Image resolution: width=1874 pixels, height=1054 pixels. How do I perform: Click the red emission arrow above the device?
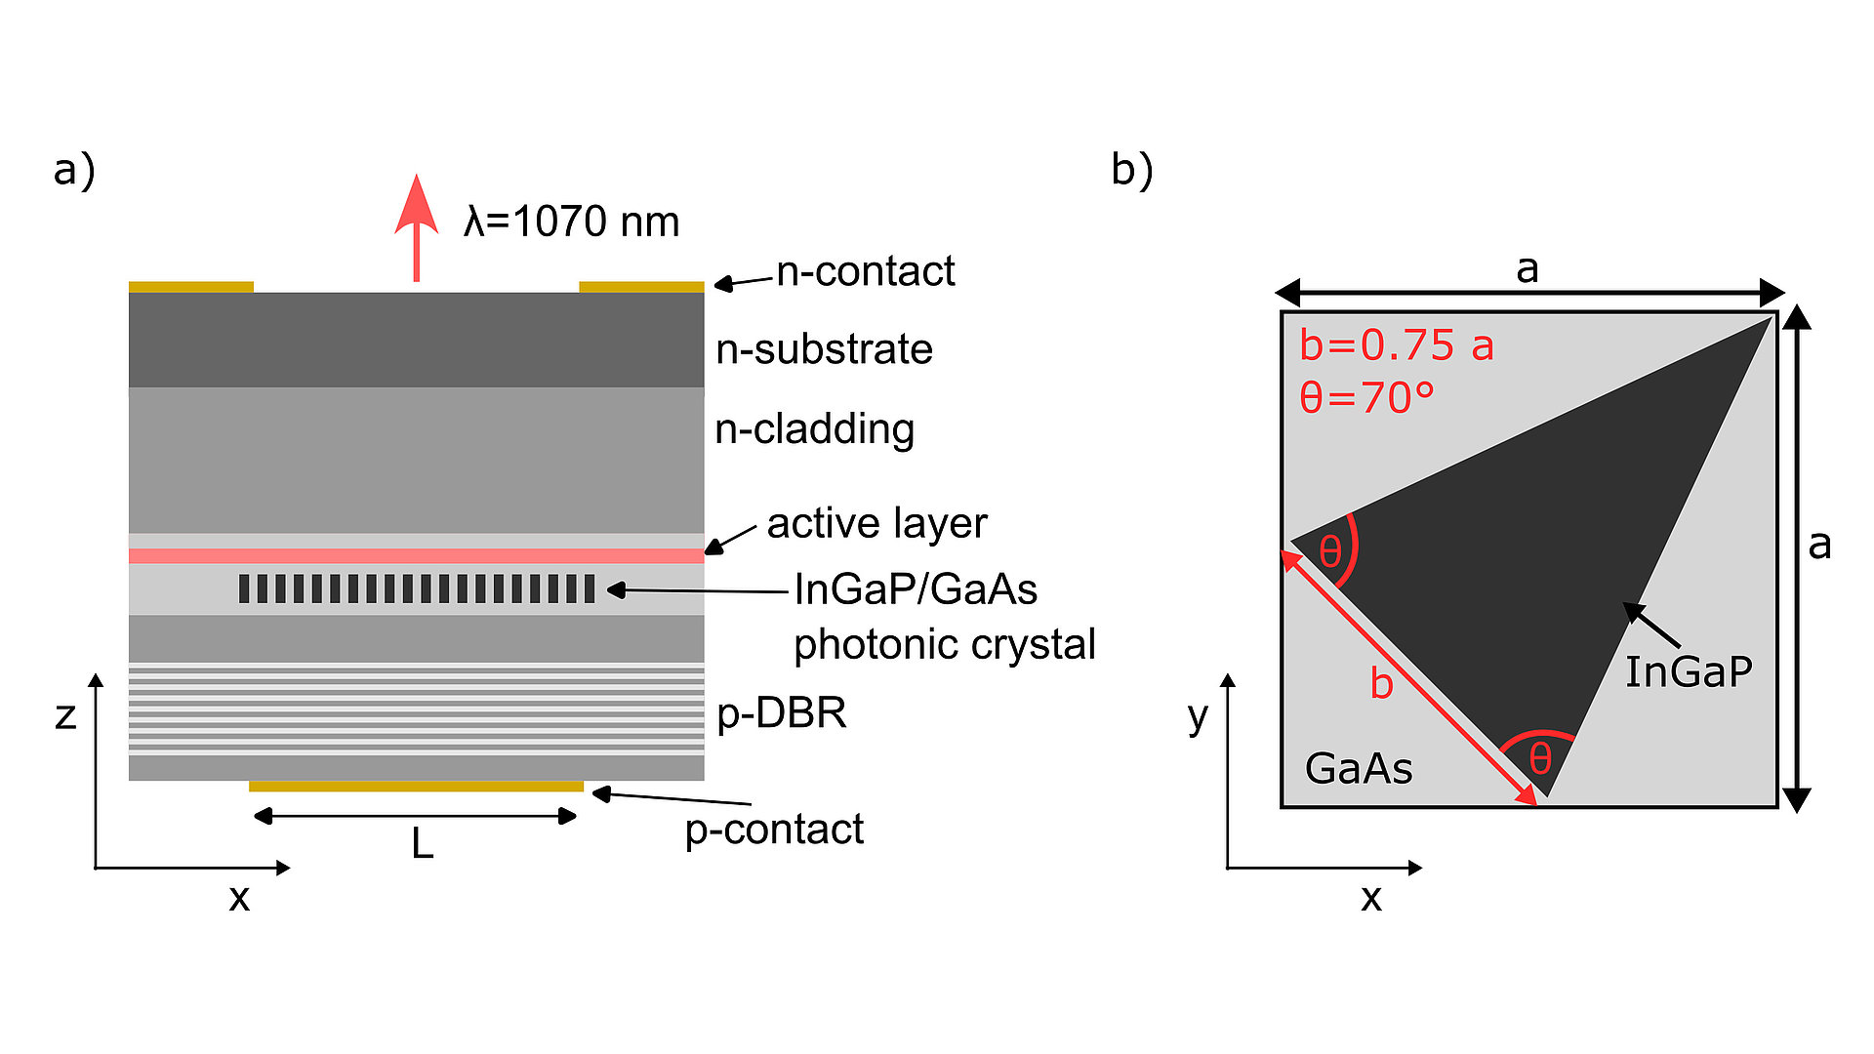tap(416, 229)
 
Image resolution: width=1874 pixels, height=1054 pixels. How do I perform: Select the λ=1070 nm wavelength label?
tap(571, 222)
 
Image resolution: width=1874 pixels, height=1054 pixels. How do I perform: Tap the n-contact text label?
tap(865, 271)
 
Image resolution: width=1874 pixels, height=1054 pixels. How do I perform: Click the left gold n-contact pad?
tap(191, 287)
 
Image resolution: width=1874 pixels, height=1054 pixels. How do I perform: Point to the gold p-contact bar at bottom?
tap(416, 786)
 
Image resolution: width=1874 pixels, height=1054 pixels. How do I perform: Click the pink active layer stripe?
tap(416, 555)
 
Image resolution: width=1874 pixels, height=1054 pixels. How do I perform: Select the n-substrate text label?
tap(824, 349)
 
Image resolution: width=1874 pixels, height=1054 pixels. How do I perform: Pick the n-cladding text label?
tap(814, 429)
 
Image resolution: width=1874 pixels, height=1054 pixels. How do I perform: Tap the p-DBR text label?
tap(781, 713)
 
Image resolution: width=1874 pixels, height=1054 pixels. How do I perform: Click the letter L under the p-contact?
tap(422, 843)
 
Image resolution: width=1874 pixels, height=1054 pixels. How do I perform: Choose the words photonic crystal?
tap(944, 644)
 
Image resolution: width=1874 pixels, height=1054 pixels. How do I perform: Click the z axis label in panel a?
tap(65, 715)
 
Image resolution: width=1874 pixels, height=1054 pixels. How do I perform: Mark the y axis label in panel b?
tap(1198, 717)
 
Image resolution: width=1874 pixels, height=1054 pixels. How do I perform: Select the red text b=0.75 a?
tap(1396, 345)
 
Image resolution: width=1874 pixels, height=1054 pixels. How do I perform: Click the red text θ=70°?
tap(1366, 398)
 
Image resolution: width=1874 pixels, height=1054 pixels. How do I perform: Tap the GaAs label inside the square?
tap(1358, 769)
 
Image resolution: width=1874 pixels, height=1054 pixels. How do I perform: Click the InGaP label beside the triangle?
tap(1688, 672)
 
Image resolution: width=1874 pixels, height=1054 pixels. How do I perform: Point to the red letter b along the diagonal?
tap(1381, 683)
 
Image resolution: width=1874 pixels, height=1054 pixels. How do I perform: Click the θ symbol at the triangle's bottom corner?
tap(1539, 758)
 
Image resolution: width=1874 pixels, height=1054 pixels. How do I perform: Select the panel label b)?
tap(1131, 170)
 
